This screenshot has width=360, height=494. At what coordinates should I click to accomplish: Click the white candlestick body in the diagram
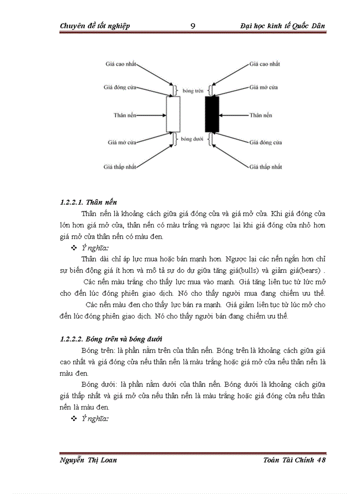[173, 115]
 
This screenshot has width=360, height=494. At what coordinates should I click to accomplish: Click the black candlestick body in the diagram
[212, 114]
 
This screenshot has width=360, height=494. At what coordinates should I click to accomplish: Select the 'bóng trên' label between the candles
[192, 91]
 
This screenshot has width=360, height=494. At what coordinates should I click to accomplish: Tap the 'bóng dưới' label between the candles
[192, 139]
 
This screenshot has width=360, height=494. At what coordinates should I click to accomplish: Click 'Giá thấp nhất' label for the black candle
[266, 167]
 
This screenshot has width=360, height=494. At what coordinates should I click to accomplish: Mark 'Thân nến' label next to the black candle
[261, 115]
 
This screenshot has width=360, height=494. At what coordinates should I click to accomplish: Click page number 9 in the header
[192, 26]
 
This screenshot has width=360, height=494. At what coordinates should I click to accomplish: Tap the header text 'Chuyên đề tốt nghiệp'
[95, 26]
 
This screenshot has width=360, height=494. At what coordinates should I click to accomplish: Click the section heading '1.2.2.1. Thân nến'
[88, 202]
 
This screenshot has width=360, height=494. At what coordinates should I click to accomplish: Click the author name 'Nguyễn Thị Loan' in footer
[88, 460]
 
